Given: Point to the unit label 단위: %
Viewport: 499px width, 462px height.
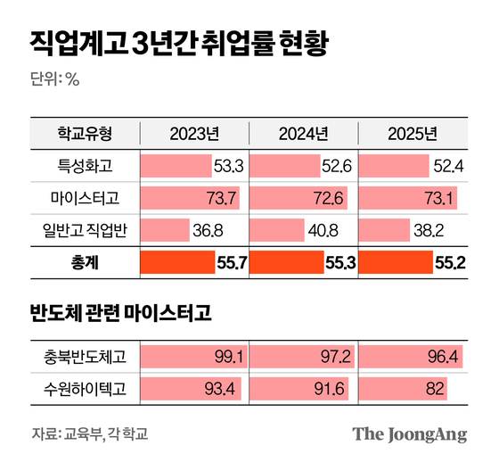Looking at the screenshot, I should pyautogui.click(x=56, y=78).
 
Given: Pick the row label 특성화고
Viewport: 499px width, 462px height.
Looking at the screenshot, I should pyautogui.click(x=85, y=165).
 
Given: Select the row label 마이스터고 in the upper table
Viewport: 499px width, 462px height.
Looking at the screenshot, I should pyautogui.click(x=85, y=196).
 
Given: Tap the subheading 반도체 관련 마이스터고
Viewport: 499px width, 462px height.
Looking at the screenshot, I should pyautogui.click(x=120, y=313).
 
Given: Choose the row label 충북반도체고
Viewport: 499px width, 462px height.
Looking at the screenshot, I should pyautogui.click(x=85, y=356).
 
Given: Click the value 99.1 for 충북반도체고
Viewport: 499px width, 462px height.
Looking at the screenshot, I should pyautogui.click(x=229, y=356).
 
